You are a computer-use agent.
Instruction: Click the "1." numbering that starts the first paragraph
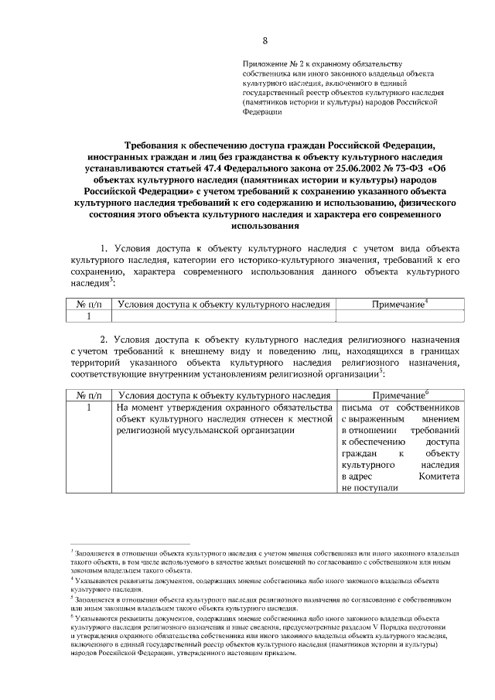(x=106, y=248)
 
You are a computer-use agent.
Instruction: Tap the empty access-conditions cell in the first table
(x=224, y=316)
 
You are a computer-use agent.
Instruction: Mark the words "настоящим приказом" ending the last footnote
(x=268, y=653)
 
